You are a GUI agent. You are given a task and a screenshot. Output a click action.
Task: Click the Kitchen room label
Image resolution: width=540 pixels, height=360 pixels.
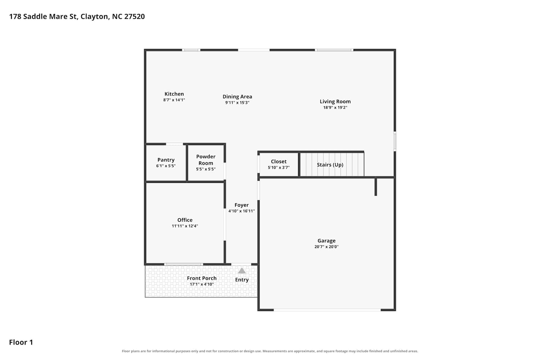pyautogui.click(x=174, y=94)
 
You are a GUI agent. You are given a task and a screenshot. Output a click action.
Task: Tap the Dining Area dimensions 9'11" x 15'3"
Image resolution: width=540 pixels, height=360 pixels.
pyautogui.click(x=237, y=103)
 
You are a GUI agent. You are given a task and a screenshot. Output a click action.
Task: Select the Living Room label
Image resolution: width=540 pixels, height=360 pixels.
pyautogui.click(x=335, y=102)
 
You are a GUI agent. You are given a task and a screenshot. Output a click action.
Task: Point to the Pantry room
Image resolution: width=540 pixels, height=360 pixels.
pyautogui.click(x=166, y=163)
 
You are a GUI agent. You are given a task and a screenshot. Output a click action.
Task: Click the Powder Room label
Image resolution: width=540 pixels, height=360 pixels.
pyautogui.click(x=206, y=160)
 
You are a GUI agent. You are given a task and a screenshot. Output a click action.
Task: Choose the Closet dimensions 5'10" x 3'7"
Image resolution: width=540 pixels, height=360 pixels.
pyautogui.click(x=279, y=168)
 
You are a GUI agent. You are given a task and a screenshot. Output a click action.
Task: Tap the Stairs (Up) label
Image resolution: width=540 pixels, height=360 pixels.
pyautogui.click(x=330, y=165)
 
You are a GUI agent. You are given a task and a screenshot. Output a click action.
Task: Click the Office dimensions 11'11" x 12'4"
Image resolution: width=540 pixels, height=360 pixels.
pyautogui.click(x=185, y=226)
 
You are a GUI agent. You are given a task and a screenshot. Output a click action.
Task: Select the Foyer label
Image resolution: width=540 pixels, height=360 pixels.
pyautogui.click(x=242, y=205)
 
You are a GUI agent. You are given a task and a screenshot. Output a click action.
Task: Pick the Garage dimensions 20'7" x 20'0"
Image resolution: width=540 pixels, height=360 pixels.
pyautogui.click(x=327, y=247)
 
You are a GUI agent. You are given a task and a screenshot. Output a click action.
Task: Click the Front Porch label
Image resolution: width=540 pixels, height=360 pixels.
pyautogui.click(x=202, y=278)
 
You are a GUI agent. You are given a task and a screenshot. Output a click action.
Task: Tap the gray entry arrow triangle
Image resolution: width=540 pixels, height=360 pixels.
pyautogui.click(x=242, y=271)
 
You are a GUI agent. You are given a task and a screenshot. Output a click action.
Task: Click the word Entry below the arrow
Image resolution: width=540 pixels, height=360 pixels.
pyautogui.click(x=242, y=280)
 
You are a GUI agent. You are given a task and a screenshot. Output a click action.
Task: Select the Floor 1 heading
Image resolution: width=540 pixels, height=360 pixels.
pyautogui.click(x=21, y=342)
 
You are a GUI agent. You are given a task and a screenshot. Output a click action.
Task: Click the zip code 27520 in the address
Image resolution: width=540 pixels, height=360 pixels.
pyautogui.click(x=135, y=17)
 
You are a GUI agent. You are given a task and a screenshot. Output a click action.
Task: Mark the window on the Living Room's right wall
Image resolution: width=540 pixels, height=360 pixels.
pyautogui.click(x=395, y=141)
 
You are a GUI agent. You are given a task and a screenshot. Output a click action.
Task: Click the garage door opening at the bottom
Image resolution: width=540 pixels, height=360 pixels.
pyautogui.click(x=327, y=310)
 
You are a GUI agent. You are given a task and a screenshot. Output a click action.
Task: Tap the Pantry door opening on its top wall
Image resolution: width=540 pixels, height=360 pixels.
pyautogui.click(x=174, y=144)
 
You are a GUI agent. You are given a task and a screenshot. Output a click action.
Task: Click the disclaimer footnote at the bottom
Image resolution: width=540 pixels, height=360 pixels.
pyautogui.click(x=270, y=351)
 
